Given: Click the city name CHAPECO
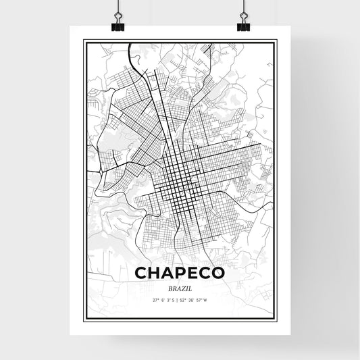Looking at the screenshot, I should pyautogui.click(x=180, y=272).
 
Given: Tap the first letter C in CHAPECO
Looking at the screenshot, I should pyautogui.click(x=142, y=272).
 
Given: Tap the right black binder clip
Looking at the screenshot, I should pyautogui.click(x=243, y=25).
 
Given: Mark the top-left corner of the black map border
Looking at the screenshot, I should pyautogui.click(x=84, y=41).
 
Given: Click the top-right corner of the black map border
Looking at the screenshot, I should pyautogui.click(x=276, y=41).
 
